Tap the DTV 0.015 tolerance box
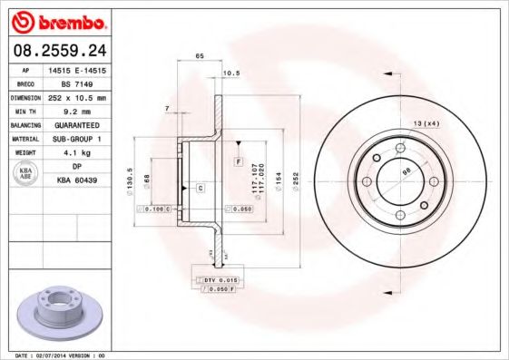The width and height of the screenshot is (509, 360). pyautogui.click(x=217, y=281)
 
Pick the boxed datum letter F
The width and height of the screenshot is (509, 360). pyautogui.click(x=237, y=161)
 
